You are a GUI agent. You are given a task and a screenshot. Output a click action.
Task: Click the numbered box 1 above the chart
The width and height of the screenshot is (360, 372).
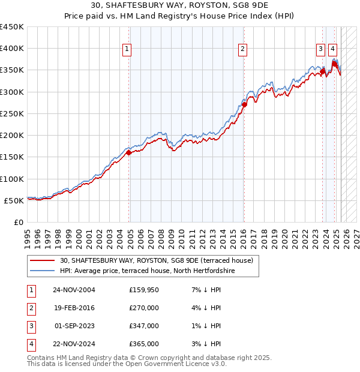click(x=128, y=50)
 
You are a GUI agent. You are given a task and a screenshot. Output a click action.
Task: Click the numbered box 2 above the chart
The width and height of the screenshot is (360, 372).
click(x=243, y=50)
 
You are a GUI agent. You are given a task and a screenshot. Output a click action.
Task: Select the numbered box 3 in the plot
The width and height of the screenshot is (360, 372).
click(x=321, y=50)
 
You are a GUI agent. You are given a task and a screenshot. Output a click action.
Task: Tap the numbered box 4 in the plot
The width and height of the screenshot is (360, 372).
click(x=332, y=50)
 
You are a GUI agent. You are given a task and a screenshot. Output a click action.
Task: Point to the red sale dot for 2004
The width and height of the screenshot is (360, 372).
click(x=129, y=153)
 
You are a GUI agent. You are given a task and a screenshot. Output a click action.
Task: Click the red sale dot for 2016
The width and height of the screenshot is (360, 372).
click(x=244, y=105)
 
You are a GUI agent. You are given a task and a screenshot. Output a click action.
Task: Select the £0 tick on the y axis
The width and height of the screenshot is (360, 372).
click(x=19, y=222)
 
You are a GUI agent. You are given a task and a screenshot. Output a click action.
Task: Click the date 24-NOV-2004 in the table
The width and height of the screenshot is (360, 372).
click(x=74, y=290)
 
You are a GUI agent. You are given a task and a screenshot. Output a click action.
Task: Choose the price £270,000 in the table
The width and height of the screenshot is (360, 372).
click(x=144, y=308)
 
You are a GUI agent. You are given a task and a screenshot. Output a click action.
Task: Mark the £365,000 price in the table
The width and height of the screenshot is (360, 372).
click(x=144, y=344)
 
